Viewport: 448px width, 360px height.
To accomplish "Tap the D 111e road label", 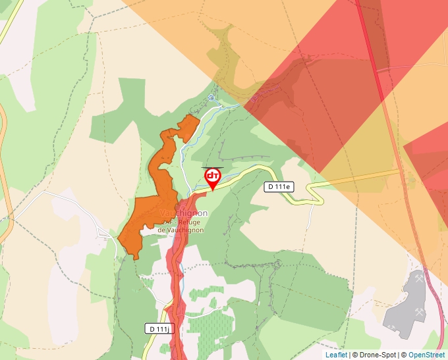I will coord(279,187).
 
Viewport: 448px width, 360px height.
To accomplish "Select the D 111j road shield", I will coord(158,328).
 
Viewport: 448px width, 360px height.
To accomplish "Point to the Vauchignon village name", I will coord(184,213).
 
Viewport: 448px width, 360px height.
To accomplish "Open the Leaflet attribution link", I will coord(336,355).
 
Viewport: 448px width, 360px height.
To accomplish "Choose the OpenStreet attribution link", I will coord(427,355).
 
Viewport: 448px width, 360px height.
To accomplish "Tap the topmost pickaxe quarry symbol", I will coord(420,278).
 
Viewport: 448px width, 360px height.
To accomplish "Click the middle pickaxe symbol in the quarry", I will coord(419,312).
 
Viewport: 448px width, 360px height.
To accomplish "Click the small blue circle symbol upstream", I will coord(211,97).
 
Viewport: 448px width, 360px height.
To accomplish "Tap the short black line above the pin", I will coord(212,167).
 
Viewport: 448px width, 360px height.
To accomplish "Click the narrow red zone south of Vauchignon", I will coord(176,290).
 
